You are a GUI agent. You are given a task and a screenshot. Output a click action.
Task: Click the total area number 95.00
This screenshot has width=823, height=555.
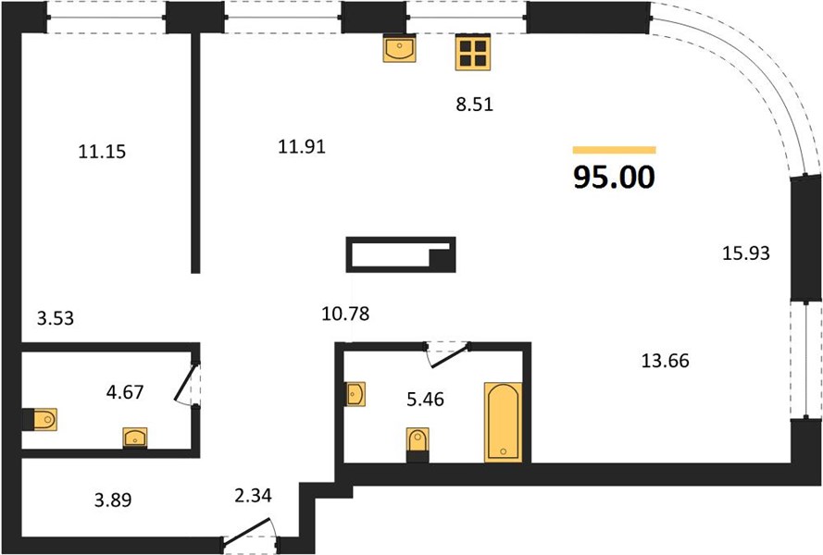point(614,177)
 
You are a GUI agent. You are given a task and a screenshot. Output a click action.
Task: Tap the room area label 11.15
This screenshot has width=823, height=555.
point(102,152)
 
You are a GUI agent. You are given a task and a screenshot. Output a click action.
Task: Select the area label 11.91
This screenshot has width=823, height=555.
point(302,146)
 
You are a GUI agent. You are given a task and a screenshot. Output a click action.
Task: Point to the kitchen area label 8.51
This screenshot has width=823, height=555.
point(475,105)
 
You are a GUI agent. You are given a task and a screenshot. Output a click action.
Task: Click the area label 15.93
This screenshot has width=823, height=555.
point(746,253)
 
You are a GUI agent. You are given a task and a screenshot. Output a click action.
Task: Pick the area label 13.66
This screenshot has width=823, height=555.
point(665,361)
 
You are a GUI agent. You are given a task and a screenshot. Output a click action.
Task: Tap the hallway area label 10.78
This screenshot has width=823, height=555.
point(345,314)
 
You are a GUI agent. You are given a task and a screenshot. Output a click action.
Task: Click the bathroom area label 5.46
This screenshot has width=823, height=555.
point(425,400)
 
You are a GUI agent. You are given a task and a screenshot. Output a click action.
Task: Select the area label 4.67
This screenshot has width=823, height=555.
point(125,392)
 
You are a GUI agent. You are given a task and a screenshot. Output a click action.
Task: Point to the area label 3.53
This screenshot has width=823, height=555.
point(56,318)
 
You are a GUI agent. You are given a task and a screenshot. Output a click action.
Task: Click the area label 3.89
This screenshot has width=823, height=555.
point(113,499)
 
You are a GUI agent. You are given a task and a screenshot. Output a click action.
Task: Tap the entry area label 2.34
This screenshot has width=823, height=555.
point(253,495)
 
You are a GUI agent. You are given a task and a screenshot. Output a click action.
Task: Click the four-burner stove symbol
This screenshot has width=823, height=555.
point(473,52)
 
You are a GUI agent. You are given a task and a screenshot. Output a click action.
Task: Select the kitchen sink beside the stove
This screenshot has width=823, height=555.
point(399,48)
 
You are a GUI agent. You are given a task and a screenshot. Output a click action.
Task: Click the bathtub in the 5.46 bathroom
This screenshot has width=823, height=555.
point(503,423)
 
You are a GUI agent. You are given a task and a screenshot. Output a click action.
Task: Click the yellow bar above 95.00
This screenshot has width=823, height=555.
point(614,150)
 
